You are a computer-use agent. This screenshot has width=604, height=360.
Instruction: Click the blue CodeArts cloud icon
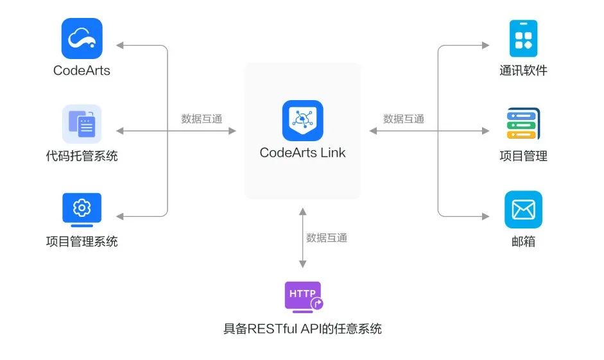click(x=82, y=39)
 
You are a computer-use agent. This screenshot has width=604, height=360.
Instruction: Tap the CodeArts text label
click(x=82, y=71)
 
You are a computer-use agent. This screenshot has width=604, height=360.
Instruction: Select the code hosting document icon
click(x=82, y=124)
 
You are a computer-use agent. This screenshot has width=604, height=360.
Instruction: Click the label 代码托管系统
click(x=82, y=156)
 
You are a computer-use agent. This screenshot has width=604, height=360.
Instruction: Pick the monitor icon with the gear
click(x=82, y=209)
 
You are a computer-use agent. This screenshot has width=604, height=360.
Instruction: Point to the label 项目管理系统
click(x=82, y=242)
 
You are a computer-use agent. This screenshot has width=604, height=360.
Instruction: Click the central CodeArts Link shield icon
click(x=302, y=121)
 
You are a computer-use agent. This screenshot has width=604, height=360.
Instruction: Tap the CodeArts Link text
click(x=302, y=153)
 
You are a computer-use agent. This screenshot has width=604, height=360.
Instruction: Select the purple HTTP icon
click(x=303, y=296)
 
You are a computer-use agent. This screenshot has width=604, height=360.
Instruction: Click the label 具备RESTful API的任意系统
click(x=302, y=329)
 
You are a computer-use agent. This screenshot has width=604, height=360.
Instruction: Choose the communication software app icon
click(x=523, y=39)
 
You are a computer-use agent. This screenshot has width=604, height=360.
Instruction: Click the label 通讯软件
click(x=523, y=71)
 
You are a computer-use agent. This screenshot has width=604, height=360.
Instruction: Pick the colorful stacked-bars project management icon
click(x=523, y=124)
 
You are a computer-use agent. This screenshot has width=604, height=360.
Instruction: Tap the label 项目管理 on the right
click(x=523, y=156)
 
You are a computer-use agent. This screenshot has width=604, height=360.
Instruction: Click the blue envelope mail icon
click(x=523, y=210)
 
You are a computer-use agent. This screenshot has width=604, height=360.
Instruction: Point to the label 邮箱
click(x=523, y=242)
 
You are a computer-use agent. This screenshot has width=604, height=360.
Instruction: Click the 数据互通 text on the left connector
click(x=202, y=119)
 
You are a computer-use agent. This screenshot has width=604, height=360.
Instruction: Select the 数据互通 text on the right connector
click(x=404, y=119)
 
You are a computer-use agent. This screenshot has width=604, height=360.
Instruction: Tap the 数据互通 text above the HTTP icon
click(x=327, y=238)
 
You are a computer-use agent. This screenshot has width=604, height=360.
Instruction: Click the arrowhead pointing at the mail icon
click(x=485, y=217)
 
